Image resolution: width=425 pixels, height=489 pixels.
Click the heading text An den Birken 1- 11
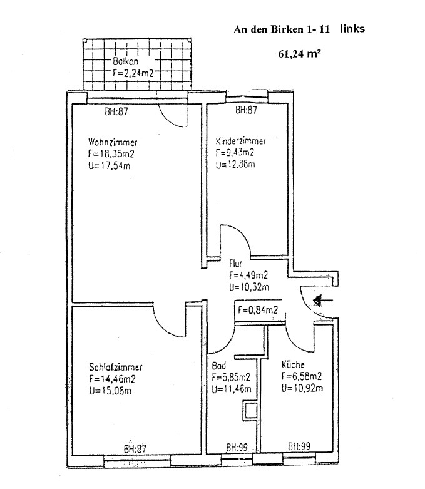pyautogui.click(x=282, y=29)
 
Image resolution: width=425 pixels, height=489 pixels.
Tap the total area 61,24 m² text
pyautogui.click(x=300, y=54)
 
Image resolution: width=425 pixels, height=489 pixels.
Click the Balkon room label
pyautogui.click(x=125, y=61)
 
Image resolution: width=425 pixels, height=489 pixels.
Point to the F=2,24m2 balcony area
pyautogui.click(x=133, y=73)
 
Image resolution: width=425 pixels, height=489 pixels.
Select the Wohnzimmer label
pyautogui.click(x=113, y=142)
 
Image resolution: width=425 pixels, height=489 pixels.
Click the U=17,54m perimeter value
pyautogui.click(x=109, y=165)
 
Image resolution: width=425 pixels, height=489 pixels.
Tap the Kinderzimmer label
pyautogui.click(x=241, y=141)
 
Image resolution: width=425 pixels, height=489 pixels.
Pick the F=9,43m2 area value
pyautogui.click(x=235, y=153)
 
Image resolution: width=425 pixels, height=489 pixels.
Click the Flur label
pyautogui.click(x=235, y=264)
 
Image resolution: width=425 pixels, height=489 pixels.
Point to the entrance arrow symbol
pyautogui.click(x=323, y=301)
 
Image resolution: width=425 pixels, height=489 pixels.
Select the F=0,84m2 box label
pyautogui.click(x=258, y=310)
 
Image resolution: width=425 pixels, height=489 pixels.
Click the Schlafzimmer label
pyautogui.click(x=116, y=367)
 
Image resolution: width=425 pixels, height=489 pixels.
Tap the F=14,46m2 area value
pyautogui.click(x=112, y=379)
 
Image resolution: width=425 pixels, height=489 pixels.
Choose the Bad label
pyautogui.click(x=219, y=365)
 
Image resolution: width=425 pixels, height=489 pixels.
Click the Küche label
pyautogui.click(x=293, y=364)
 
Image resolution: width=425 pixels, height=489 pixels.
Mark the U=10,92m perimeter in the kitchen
pyautogui.click(x=302, y=388)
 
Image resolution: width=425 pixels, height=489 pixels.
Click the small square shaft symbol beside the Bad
pyautogui.click(x=251, y=411)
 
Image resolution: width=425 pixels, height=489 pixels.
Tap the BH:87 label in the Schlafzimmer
pyautogui.click(x=135, y=449)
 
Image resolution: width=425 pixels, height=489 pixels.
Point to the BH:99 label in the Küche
pyautogui.click(x=299, y=446)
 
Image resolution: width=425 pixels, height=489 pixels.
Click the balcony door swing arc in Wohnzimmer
pyautogui.click(x=168, y=118)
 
